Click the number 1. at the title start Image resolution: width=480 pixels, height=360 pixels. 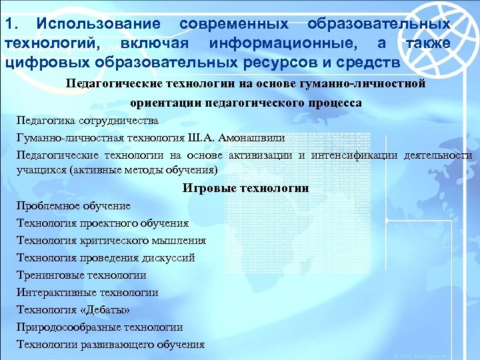12,23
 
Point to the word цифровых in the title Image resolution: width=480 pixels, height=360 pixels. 43,63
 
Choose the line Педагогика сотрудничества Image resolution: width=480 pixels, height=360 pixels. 87,121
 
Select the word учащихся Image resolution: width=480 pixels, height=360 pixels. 39,169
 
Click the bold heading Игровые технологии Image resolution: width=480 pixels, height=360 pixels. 245,188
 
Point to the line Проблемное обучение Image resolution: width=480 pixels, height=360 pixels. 73,206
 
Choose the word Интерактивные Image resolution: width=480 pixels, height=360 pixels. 53,292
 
